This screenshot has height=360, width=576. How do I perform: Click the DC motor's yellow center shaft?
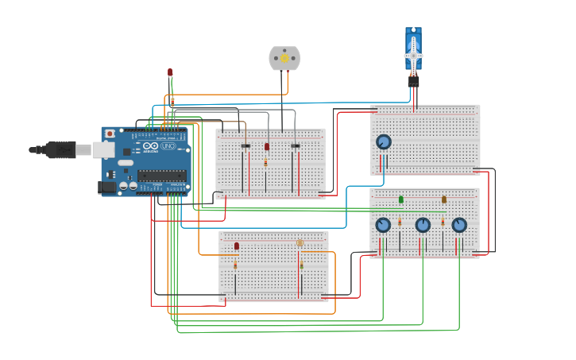284,59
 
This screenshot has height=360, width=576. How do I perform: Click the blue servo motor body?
413,41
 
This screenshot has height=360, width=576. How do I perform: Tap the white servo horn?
413,53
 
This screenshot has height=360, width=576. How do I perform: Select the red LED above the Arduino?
170,72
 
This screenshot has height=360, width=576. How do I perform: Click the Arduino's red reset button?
110,134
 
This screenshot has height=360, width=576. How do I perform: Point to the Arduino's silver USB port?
103,149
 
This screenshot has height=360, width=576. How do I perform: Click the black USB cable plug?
60,149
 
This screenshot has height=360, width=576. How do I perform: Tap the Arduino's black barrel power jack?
106,187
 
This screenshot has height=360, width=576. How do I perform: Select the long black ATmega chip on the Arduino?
162,176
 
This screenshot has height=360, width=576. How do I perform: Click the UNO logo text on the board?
168,146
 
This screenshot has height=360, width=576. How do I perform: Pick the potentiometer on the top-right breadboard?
384,142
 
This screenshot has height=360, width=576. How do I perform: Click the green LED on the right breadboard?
400,199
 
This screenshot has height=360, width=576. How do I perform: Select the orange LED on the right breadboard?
444,199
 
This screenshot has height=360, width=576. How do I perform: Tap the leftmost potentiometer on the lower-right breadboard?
383,225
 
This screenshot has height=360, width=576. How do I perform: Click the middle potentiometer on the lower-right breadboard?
423,225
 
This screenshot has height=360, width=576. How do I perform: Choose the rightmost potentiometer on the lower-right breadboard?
459,225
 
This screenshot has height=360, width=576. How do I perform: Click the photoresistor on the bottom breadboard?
300,243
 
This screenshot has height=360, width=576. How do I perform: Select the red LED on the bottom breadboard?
236,246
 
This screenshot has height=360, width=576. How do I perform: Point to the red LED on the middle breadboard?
267,146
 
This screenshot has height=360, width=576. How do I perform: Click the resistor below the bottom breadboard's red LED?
235,265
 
